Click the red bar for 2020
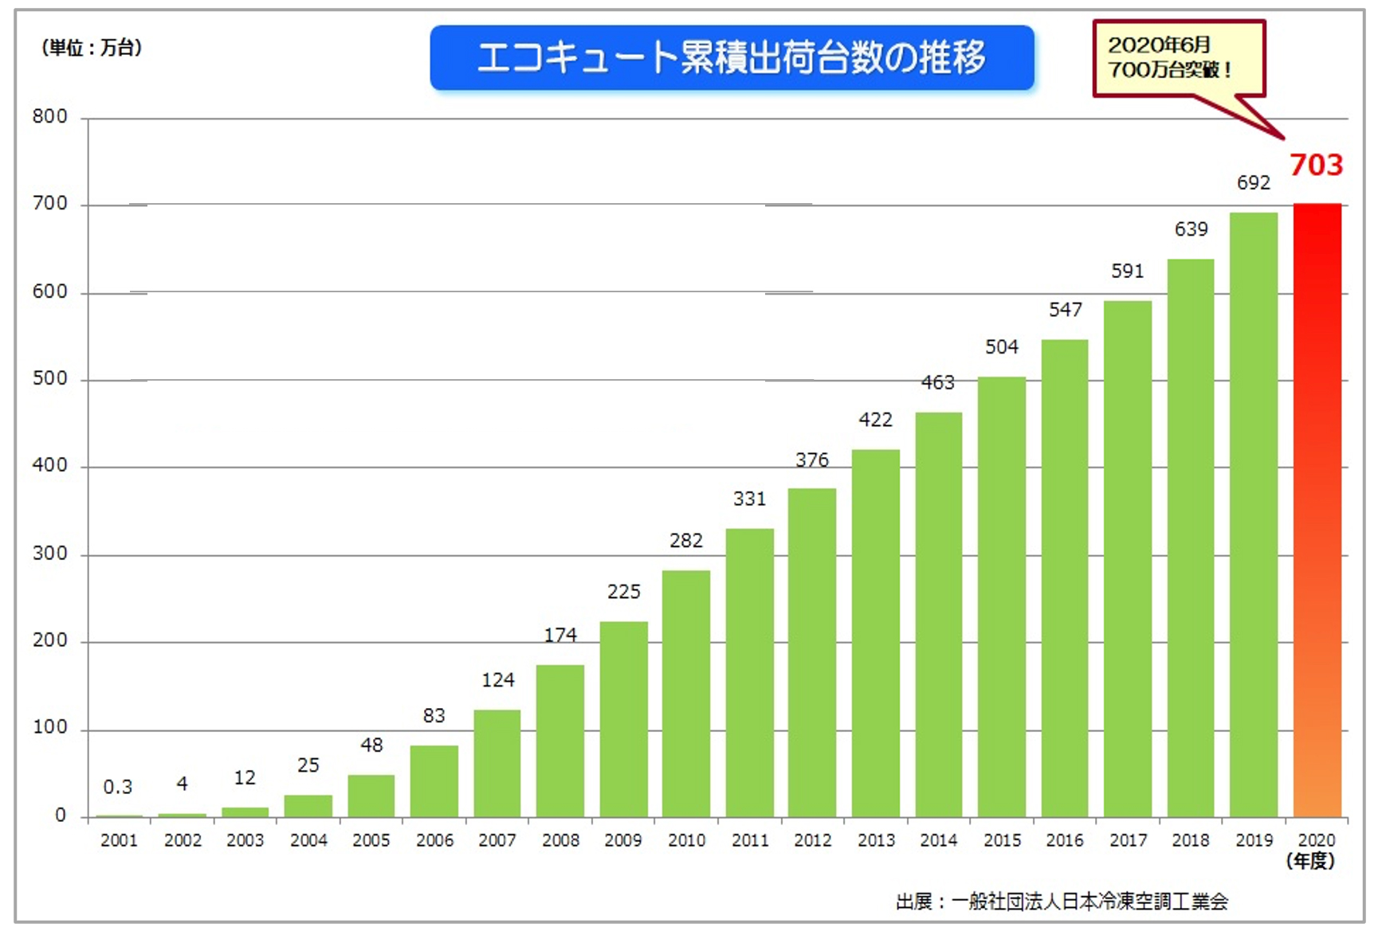[1317, 510]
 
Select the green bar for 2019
[1253, 514]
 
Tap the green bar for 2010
[685, 693]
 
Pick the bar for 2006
[434, 780]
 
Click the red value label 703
[1316, 165]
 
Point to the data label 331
[749, 499]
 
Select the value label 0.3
[118, 787]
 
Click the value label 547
[1065, 310]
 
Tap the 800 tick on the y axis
[49, 117]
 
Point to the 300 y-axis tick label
[49, 554]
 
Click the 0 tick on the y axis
[60, 816]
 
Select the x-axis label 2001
[119, 840]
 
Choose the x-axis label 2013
[875, 840]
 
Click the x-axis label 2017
[1128, 840]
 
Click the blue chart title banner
[732, 57]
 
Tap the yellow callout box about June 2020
[1177, 57]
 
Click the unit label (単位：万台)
[91, 48]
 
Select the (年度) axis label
[1310, 861]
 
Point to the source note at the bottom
[1062, 902]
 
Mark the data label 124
[497, 680]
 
